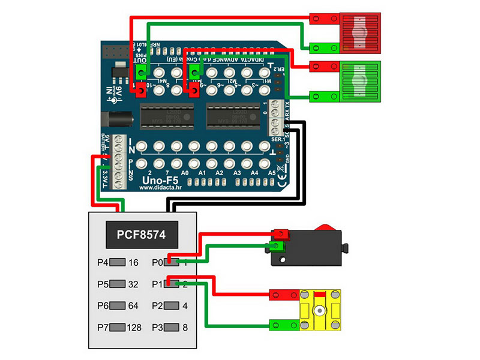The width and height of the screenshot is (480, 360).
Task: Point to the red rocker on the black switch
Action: click(325, 227)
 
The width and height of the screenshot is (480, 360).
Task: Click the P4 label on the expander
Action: click(103, 262)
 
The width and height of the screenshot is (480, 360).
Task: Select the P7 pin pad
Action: click(118, 328)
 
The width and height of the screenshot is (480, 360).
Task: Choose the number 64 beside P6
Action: click(133, 305)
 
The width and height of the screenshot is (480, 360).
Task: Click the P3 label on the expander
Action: click(157, 328)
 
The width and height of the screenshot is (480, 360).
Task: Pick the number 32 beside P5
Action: click(133, 284)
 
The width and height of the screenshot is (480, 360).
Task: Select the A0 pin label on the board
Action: click(185, 173)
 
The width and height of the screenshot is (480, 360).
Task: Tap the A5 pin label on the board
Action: click(271, 173)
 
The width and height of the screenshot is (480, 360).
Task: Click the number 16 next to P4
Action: click(133, 262)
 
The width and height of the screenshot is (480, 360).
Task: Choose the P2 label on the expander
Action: click(157, 305)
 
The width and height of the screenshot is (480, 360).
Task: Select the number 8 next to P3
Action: click(185, 328)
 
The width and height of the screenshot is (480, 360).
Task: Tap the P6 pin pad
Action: click(118, 305)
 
